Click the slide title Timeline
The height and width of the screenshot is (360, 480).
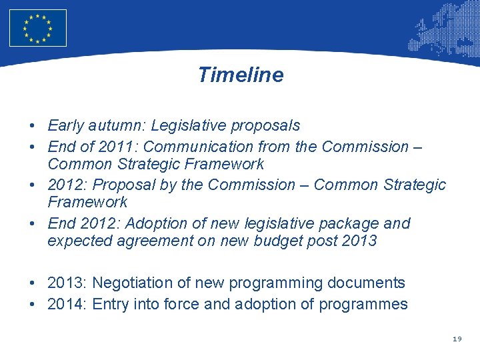240,75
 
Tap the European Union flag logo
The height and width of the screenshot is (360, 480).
38,28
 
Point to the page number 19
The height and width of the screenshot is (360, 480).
457,339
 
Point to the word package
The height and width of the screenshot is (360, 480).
350,223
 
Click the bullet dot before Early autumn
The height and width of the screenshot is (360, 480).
32,126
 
